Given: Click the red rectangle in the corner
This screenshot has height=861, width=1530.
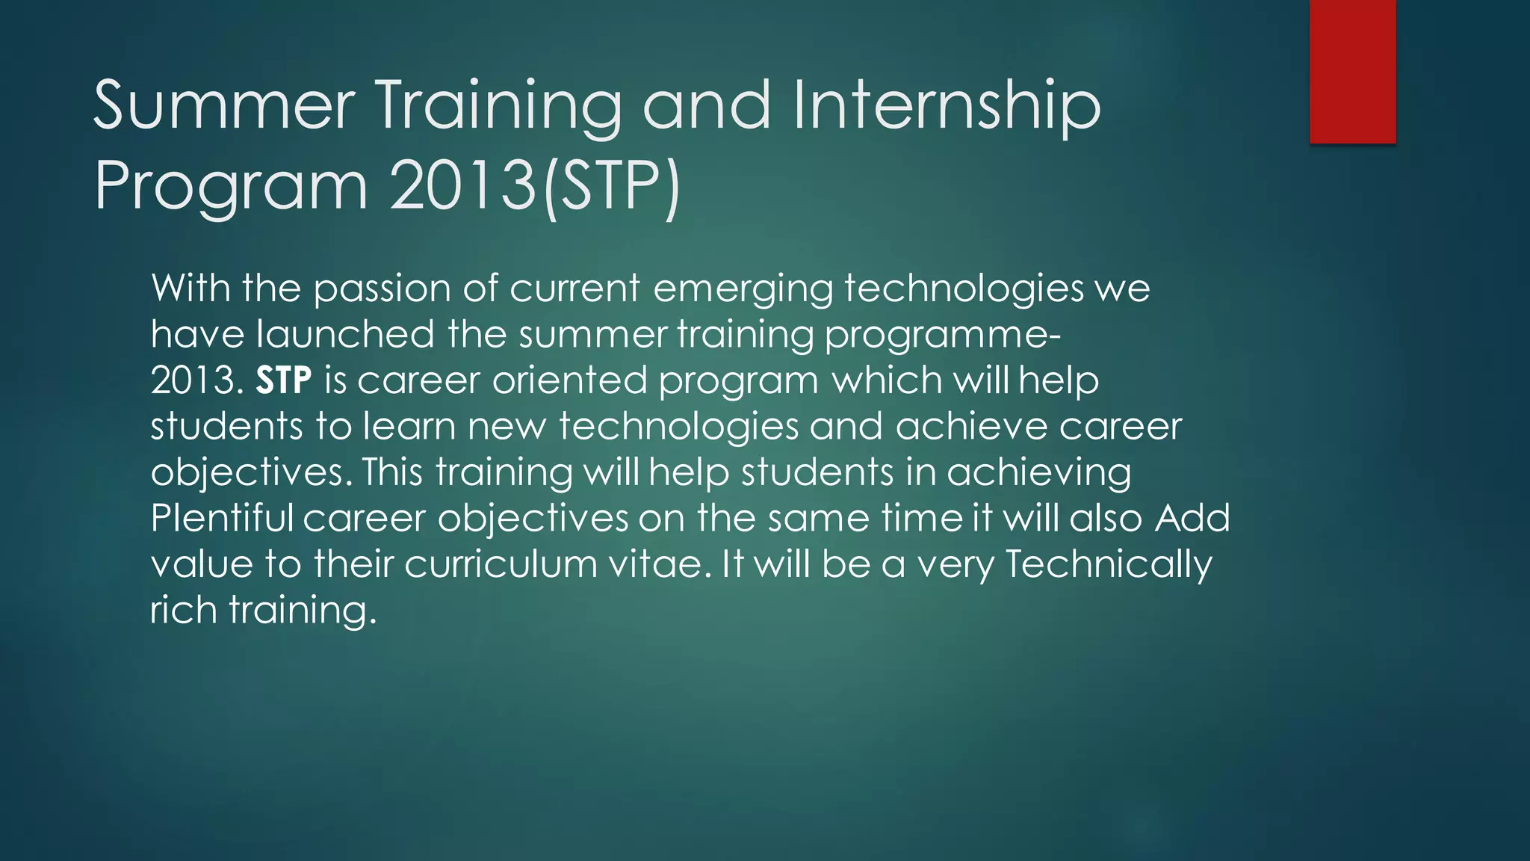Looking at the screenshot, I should click(x=1352, y=71).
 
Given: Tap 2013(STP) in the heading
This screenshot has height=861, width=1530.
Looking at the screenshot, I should click(x=535, y=185).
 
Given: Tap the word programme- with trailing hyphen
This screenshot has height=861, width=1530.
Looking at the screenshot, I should click(x=942, y=336).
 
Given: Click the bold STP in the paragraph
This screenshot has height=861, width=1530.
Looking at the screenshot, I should click(x=283, y=380).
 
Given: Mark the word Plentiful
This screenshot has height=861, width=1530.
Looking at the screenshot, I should click(x=222, y=518).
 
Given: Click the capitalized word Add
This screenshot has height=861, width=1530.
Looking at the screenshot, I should click(x=1192, y=518).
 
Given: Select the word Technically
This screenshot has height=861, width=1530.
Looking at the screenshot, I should click(x=1108, y=564).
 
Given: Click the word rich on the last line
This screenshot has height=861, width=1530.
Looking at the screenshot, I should click(x=184, y=610).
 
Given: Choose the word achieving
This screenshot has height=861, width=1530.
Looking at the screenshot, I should click(x=1038, y=473).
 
